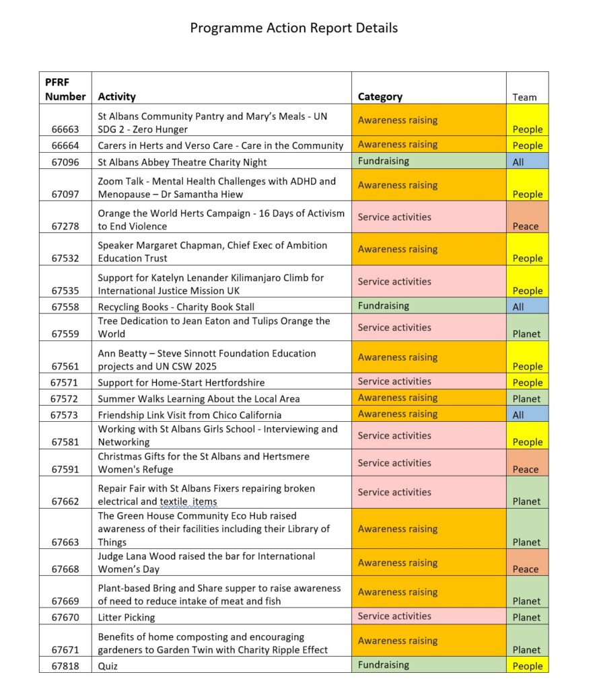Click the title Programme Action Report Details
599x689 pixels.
point(293,28)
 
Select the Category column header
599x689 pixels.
point(380,97)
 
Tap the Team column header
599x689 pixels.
point(524,97)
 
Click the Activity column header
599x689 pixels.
point(116,97)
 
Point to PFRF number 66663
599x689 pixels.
point(65,129)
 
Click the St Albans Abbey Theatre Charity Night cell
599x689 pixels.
point(182,162)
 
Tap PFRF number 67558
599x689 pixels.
point(65,307)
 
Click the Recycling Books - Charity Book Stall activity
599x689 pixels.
point(176,307)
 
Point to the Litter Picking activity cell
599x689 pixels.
point(127,617)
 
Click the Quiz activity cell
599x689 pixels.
point(108,665)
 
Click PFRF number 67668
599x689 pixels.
point(65,569)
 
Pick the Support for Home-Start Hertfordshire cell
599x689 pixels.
point(181,382)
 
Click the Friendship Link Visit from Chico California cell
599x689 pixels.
point(190,414)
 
